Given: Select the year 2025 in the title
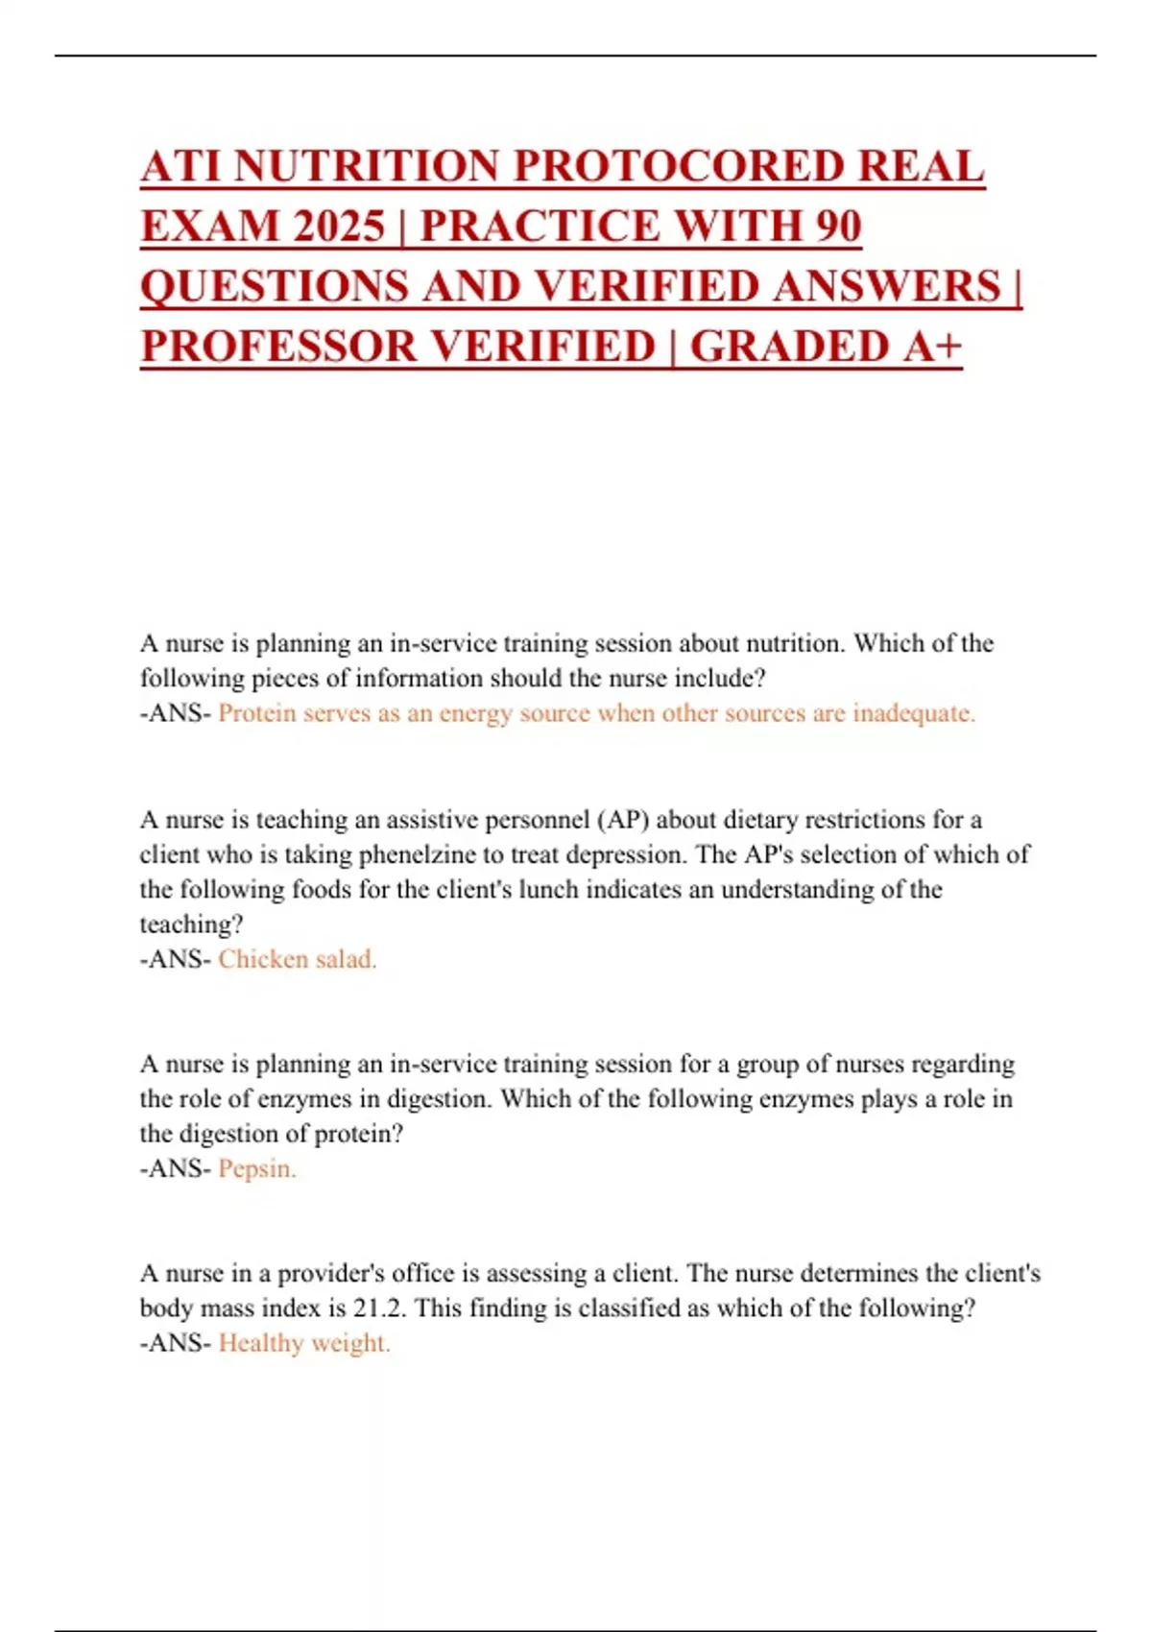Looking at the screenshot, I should [x=340, y=227].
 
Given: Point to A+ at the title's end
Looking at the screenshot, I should [x=931, y=347].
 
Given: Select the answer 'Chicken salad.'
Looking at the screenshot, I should [x=298, y=959].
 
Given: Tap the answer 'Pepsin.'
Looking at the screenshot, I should [x=257, y=1168].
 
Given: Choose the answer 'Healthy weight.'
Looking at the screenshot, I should [x=304, y=1343].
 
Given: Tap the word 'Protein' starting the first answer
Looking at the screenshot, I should [x=256, y=713].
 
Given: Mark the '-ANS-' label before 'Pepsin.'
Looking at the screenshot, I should [x=176, y=1168].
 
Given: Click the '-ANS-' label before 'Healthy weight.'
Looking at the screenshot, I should [x=176, y=1343].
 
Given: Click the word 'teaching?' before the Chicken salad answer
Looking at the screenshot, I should [x=192, y=924].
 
